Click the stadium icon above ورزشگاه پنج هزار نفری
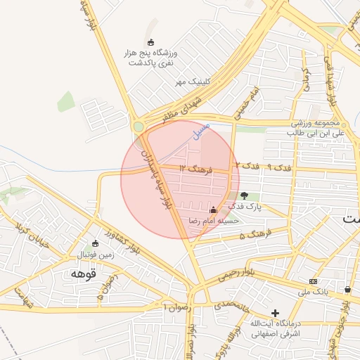point(150,42)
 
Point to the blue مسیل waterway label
point(202,131)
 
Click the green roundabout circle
point(139,127)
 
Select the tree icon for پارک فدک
point(244,195)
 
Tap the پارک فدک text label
point(248,207)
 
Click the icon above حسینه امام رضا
point(213,209)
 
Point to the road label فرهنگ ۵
point(256,235)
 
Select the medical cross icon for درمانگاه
point(275,312)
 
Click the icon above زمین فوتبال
point(95,243)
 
